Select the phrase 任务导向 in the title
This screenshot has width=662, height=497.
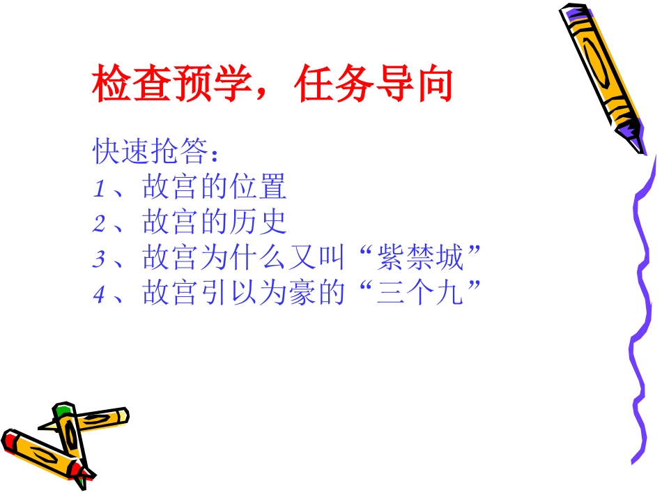tap(374, 85)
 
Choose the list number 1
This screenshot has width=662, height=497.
tap(98, 188)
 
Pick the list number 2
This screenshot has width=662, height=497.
tap(98, 224)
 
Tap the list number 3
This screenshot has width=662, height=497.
tap(98, 260)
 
